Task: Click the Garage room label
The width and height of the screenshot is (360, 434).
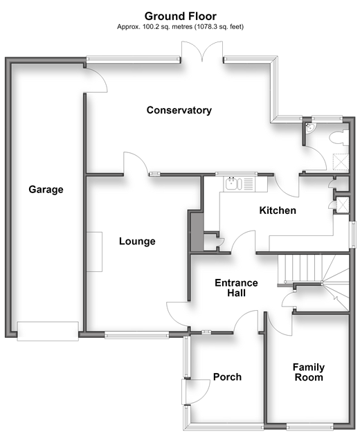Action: (46, 190)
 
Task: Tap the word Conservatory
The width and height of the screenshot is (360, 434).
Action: (179, 110)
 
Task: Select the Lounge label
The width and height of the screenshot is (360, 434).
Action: (137, 242)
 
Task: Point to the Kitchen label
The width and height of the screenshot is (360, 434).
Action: (278, 210)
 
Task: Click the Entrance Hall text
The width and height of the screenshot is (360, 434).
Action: (236, 288)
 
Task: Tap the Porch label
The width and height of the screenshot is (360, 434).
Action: (227, 377)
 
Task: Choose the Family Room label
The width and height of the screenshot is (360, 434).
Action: (309, 372)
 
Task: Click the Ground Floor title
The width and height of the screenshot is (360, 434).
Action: (180, 17)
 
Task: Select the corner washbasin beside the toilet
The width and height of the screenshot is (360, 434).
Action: (309, 128)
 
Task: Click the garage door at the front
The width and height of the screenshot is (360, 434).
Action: (48, 331)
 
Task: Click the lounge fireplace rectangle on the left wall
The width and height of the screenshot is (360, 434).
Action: (94, 252)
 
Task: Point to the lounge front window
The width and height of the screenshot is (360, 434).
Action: (137, 336)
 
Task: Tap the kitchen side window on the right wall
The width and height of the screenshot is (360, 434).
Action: (352, 235)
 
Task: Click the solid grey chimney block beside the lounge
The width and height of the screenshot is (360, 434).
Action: (197, 232)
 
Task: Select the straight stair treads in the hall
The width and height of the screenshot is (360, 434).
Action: (300, 268)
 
